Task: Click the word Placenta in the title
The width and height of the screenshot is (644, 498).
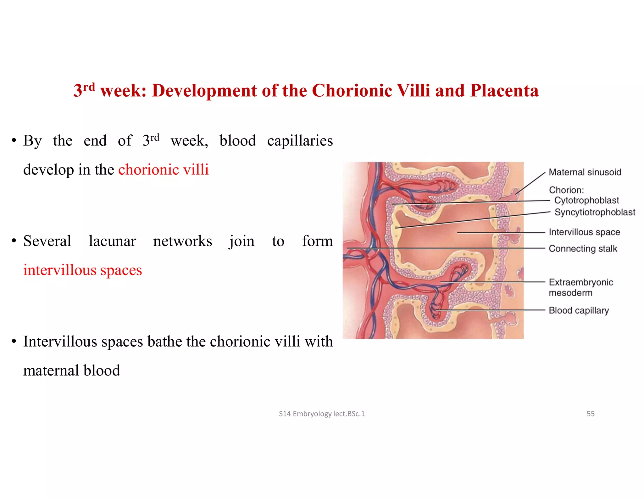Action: click(504, 91)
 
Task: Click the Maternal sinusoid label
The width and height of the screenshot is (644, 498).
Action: click(585, 172)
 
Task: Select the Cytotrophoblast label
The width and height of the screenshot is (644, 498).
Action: click(586, 200)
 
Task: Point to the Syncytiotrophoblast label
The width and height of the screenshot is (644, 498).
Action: click(595, 212)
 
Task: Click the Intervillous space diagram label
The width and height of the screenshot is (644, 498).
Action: click(584, 232)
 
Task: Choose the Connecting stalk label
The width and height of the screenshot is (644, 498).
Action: click(583, 249)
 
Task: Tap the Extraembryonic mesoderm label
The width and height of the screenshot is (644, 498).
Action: click(580, 287)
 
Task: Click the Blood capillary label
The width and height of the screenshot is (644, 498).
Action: click(579, 310)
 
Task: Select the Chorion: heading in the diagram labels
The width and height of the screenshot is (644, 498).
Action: click(566, 190)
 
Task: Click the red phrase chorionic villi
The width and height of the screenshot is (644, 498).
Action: click(163, 170)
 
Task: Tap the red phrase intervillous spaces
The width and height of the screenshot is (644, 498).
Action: click(82, 270)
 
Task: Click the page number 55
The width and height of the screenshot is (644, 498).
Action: click(590, 414)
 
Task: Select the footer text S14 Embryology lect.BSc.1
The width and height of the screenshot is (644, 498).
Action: click(322, 414)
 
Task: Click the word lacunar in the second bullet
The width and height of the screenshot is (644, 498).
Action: click(112, 241)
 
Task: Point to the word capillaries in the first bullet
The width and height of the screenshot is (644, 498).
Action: click(300, 141)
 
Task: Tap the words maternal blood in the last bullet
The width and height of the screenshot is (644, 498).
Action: click(72, 371)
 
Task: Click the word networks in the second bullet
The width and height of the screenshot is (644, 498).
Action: click(182, 241)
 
